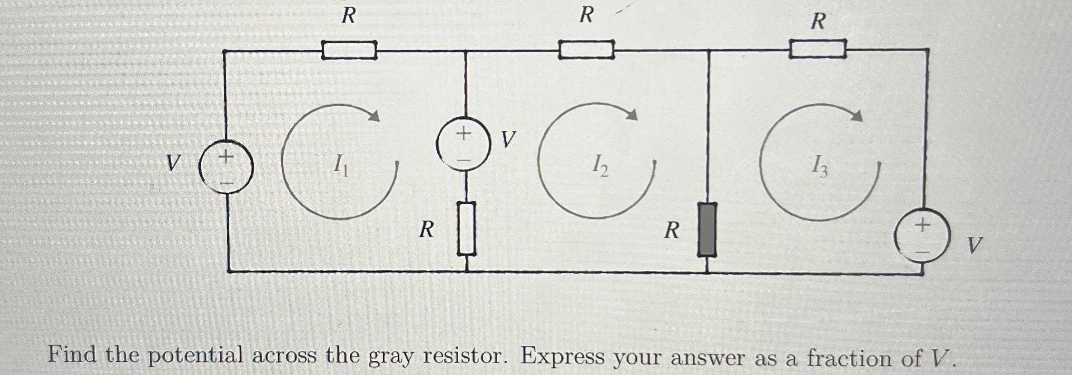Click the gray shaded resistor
(x=707, y=229)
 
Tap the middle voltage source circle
(x=463, y=144)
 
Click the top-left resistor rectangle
(x=349, y=50)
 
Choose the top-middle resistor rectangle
(x=586, y=49)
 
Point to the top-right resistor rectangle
(x=818, y=49)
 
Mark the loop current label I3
(x=819, y=167)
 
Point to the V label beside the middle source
(x=508, y=139)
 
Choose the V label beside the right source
(x=974, y=245)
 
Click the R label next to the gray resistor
(x=671, y=230)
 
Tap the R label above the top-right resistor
(x=817, y=21)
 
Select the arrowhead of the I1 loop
(x=374, y=116)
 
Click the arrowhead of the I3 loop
(x=857, y=116)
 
